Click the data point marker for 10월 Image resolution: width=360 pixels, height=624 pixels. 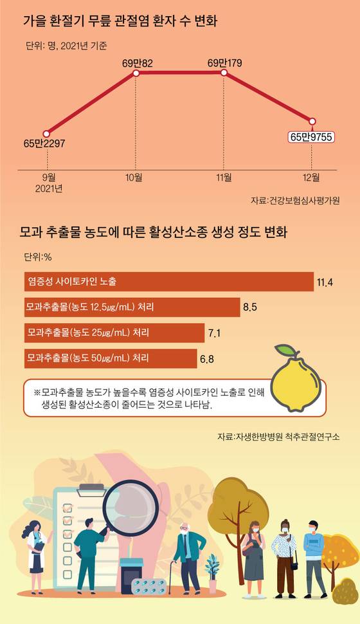pyautogui.click(x=136, y=74)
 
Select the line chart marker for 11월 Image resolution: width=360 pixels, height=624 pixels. pyautogui.click(x=224, y=74)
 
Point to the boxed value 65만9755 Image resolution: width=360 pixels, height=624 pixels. pyautogui.click(x=312, y=136)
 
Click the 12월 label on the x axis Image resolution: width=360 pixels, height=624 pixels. pyautogui.click(x=312, y=176)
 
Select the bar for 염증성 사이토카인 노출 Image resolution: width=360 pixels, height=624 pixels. pyautogui.click(x=168, y=281)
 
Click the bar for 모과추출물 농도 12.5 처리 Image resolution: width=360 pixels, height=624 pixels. pyautogui.click(x=131, y=307)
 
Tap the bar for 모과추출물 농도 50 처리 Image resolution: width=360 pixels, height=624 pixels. pyautogui.click(x=110, y=358)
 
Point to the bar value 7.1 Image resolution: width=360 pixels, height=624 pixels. pyautogui.click(x=214, y=333)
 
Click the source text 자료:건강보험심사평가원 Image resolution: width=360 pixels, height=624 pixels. pyautogui.click(x=295, y=201)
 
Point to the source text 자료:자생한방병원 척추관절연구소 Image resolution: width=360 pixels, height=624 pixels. pyautogui.click(x=278, y=437)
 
